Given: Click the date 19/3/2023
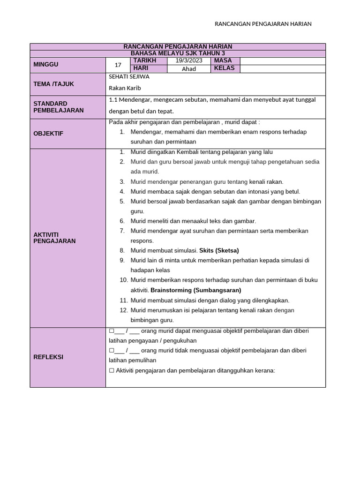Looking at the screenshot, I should (x=189, y=61).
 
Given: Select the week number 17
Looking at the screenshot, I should (x=118, y=65).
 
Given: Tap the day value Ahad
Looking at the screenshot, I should (x=189, y=69).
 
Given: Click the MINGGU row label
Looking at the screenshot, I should (x=46, y=65).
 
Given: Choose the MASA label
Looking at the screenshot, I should (x=223, y=61).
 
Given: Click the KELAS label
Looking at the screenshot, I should (x=224, y=68).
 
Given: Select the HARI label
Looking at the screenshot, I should (x=141, y=68).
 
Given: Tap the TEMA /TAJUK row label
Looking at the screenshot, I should (x=54, y=84).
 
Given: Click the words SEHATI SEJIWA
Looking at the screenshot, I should (x=129, y=76).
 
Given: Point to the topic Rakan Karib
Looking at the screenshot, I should (x=125, y=88).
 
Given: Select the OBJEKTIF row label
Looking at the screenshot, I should (x=48, y=134).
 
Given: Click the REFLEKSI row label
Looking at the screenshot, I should (x=48, y=357).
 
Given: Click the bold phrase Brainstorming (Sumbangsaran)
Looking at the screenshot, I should (x=196, y=290).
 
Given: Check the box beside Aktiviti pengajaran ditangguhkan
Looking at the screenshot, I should (x=112, y=371).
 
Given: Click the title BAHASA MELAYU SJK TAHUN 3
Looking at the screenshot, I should (x=178, y=53).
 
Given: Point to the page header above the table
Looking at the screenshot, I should (x=263, y=24).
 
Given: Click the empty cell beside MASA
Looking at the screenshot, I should (x=283, y=61).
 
